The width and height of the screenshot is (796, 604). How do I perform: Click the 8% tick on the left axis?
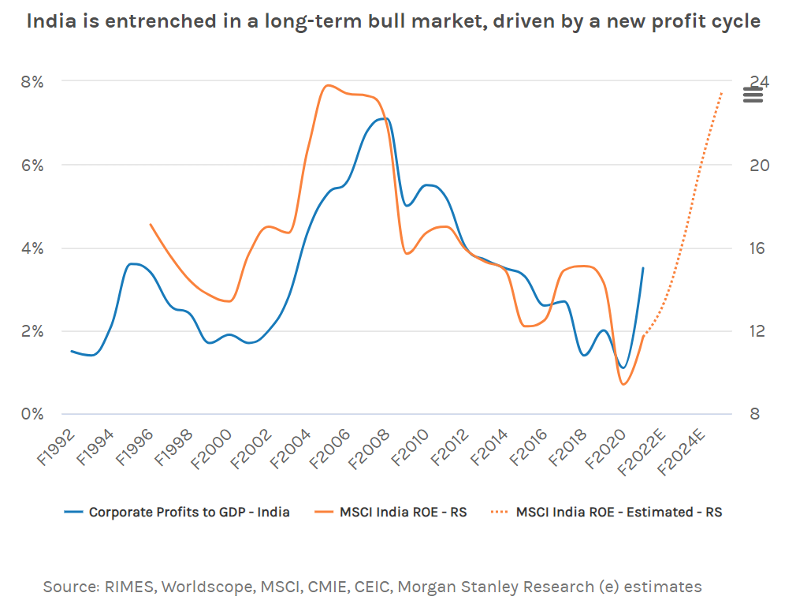(x=32, y=81)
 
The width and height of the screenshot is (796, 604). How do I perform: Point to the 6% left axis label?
(x=32, y=165)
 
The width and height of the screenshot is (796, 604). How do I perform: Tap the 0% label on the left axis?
(x=32, y=414)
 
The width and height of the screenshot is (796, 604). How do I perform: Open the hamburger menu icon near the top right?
(x=753, y=95)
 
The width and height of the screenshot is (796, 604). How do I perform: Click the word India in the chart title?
(x=54, y=21)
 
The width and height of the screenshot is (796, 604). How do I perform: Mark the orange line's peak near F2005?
(x=329, y=85)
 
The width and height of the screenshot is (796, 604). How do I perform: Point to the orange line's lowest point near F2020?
(x=624, y=384)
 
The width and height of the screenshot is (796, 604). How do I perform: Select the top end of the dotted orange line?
(x=721, y=93)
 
